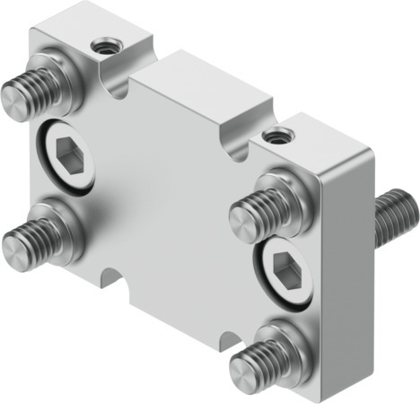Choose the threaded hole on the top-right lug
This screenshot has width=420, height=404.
click(274, 136)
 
